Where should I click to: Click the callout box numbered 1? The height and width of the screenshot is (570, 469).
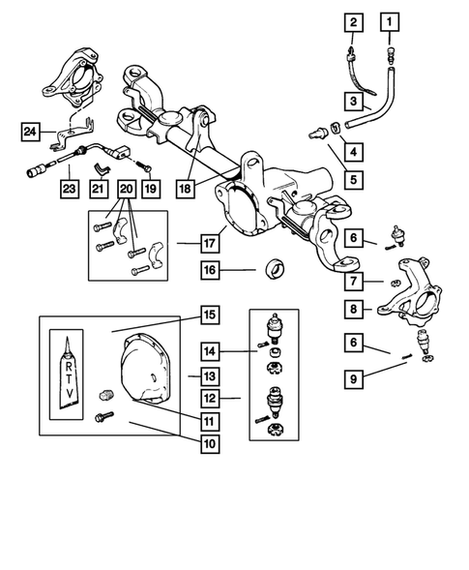tap(390, 22)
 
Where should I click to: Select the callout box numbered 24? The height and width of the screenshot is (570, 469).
tap(30, 132)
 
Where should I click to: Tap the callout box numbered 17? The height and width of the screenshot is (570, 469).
tap(210, 243)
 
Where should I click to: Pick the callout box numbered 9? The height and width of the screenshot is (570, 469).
tap(354, 379)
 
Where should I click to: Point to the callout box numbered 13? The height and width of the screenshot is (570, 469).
tap(210, 376)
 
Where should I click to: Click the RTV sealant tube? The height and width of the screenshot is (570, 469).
tap(68, 374)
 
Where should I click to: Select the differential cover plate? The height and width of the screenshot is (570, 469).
tap(145, 369)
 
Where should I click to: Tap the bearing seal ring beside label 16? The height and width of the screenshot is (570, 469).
tap(276, 269)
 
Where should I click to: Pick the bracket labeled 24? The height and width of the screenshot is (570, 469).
tap(73, 134)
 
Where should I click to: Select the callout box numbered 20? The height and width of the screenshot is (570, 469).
tap(127, 189)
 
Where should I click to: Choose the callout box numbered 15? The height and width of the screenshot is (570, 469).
tap(210, 315)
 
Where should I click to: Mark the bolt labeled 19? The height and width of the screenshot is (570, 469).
tap(145, 166)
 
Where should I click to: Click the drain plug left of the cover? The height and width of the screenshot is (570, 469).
tap(106, 395)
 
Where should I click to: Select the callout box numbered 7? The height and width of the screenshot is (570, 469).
tap(354, 281)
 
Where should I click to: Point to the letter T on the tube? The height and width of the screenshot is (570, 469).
tap(69, 379)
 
